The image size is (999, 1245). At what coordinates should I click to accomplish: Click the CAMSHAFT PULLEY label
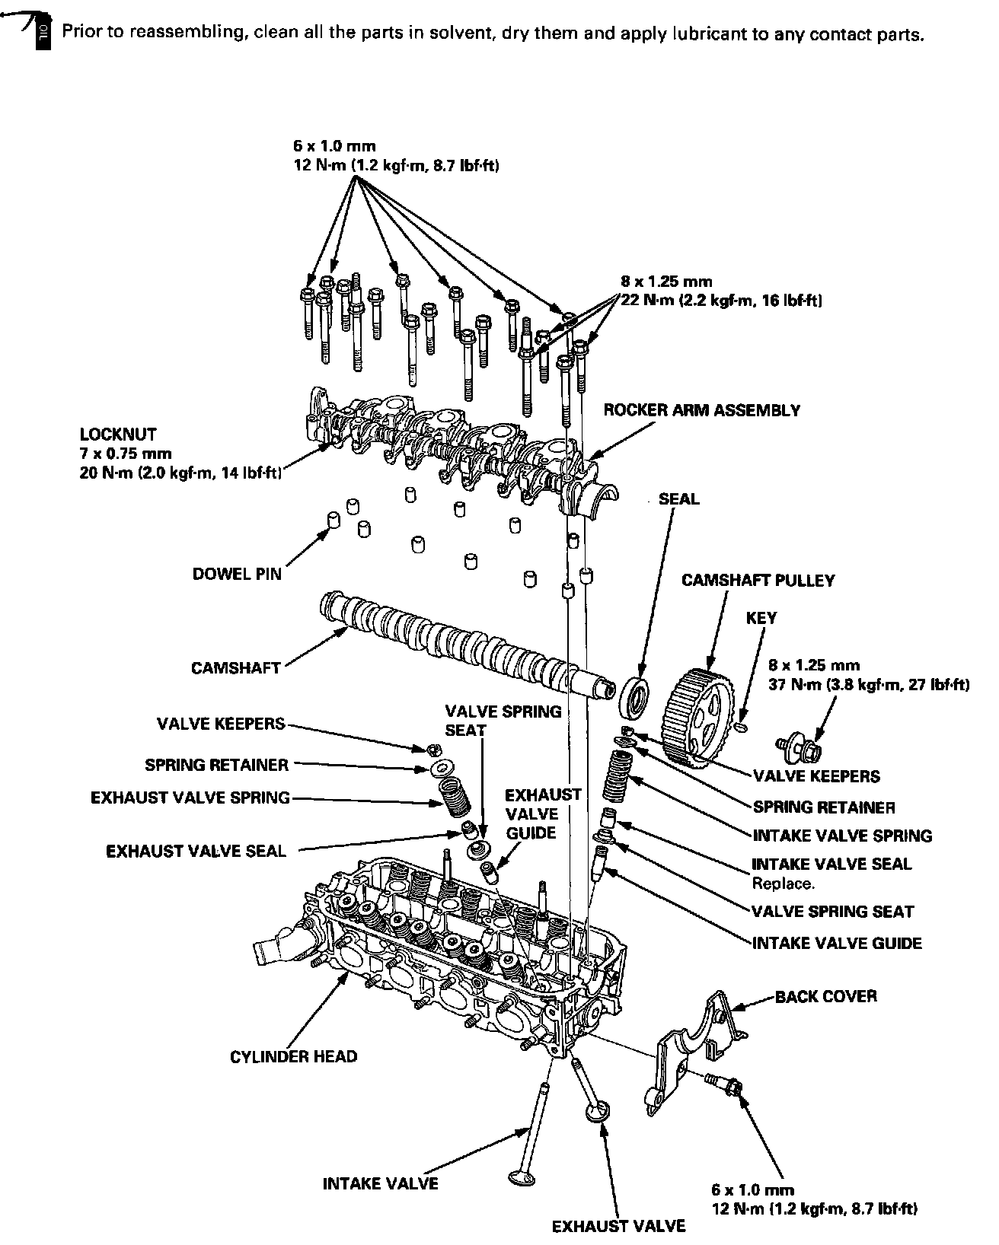tap(758, 581)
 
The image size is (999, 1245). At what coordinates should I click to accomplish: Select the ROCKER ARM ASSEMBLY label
tap(701, 411)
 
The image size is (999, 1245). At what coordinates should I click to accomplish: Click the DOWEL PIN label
tap(237, 574)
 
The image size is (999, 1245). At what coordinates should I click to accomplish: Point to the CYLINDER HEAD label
tap(293, 1057)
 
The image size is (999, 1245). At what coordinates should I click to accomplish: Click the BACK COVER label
tap(825, 996)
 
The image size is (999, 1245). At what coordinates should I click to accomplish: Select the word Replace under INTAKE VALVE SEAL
tap(783, 884)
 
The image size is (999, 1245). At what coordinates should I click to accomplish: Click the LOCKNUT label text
tap(118, 435)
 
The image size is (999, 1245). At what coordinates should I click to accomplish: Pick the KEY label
tap(761, 618)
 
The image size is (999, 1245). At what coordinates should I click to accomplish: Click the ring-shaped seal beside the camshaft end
tap(636, 695)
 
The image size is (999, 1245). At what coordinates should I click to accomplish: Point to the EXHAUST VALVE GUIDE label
tap(532, 814)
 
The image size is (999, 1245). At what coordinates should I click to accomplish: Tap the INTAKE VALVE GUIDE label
tap(837, 944)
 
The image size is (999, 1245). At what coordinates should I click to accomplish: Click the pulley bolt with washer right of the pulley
tap(798, 747)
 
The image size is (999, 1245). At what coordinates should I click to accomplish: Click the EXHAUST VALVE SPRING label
tap(190, 798)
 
